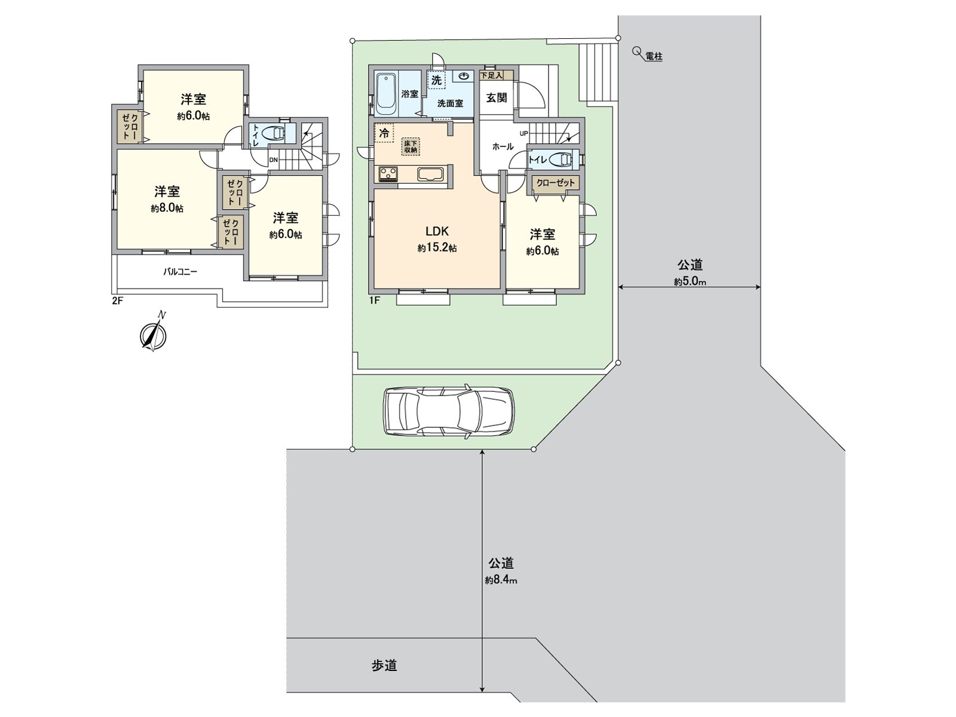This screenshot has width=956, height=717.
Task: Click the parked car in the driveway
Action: pyautogui.click(x=448, y=412)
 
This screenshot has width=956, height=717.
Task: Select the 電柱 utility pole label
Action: pyautogui.click(x=654, y=57)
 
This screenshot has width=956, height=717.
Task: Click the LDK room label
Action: pyautogui.click(x=437, y=231)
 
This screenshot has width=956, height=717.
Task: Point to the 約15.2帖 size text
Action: pyautogui.click(x=437, y=247)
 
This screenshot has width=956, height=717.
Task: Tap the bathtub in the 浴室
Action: pyautogui.click(x=387, y=94)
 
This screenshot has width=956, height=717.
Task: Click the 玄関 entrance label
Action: pyautogui.click(x=497, y=97)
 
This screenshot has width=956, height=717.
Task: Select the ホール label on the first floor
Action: pyautogui.click(x=502, y=146)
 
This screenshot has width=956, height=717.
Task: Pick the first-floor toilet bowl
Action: pyautogui.click(x=560, y=160)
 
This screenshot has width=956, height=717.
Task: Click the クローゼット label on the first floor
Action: pyautogui.click(x=555, y=183)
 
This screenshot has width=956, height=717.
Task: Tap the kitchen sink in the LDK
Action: pyautogui.click(x=430, y=174)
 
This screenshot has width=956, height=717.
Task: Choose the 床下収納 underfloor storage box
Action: pyautogui.click(x=410, y=146)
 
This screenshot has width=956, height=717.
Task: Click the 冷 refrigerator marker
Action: pyautogui.click(x=384, y=133)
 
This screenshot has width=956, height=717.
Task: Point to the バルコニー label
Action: pyautogui.click(x=180, y=272)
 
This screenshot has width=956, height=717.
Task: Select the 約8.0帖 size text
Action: pyautogui.click(x=167, y=209)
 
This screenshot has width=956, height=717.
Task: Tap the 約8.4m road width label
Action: pyautogui.click(x=501, y=580)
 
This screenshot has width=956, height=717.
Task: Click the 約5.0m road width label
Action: pyautogui.click(x=690, y=281)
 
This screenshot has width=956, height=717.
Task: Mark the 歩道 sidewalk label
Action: pyautogui.click(x=384, y=666)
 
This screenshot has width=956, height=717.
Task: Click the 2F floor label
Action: pyautogui.click(x=117, y=301)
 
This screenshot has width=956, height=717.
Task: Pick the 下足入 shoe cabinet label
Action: pyautogui.click(x=491, y=75)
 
